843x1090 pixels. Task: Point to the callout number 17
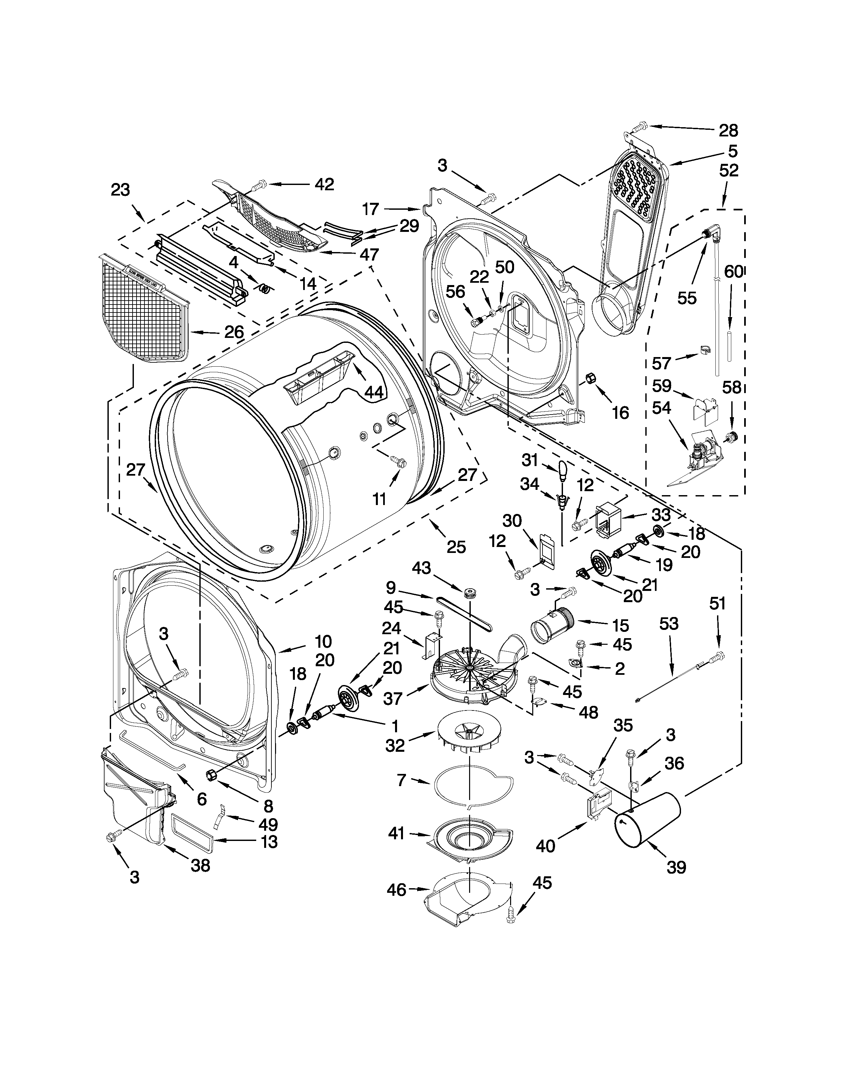[x=371, y=209]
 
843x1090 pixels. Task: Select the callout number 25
[x=456, y=547]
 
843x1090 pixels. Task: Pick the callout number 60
[x=734, y=272]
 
